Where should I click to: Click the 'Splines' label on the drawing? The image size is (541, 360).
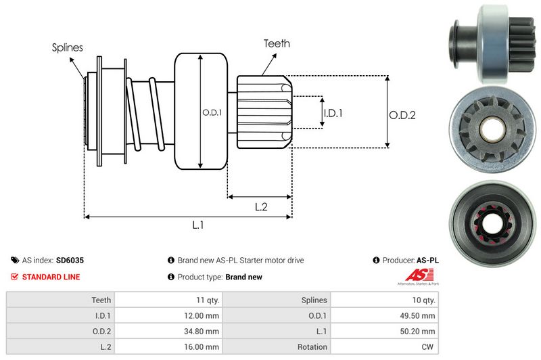(68, 47)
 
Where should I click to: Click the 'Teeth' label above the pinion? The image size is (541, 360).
(277, 43)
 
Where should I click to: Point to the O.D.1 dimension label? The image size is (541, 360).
(212, 112)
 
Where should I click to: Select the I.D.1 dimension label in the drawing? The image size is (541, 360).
(333, 113)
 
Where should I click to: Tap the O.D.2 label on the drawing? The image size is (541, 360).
(402, 115)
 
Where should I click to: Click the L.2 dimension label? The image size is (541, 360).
(262, 208)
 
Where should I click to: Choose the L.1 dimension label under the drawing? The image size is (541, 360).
(198, 226)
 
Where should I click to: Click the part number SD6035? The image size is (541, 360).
(70, 260)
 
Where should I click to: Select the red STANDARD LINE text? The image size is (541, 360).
(51, 277)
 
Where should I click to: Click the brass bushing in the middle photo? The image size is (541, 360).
(490, 127)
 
